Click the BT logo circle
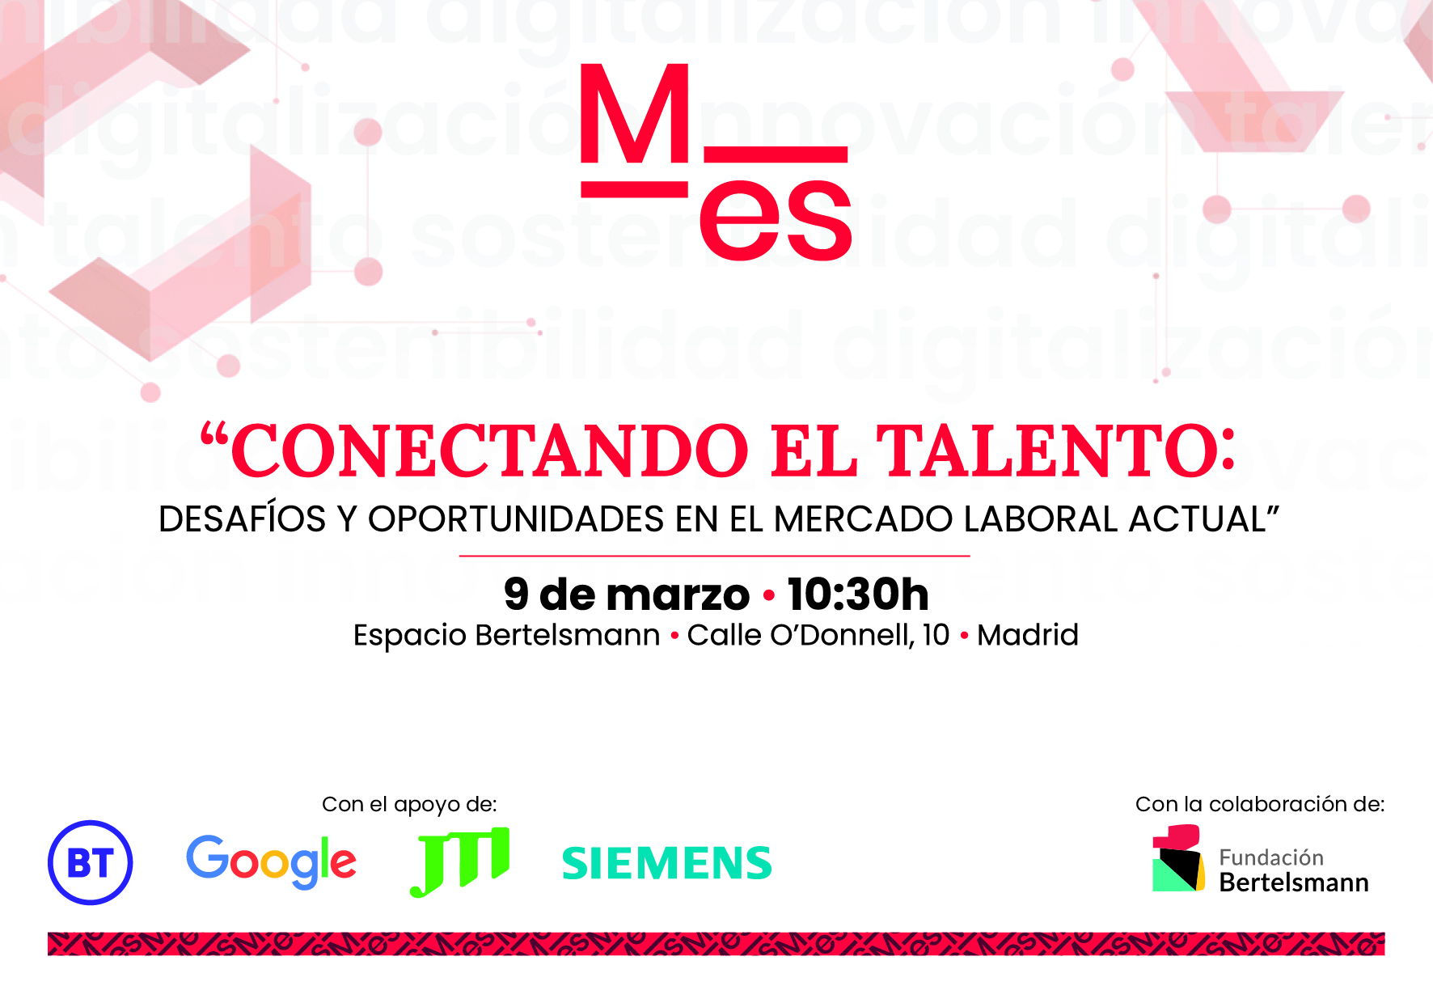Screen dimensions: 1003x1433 pyautogui.click(x=90, y=862)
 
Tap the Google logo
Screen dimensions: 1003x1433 pyautogui.click(x=271, y=861)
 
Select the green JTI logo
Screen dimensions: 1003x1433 pyautogui.click(x=460, y=861)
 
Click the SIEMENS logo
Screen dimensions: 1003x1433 pyautogui.click(x=666, y=863)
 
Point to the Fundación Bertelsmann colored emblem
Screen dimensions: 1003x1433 pyautogui.click(x=1177, y=859)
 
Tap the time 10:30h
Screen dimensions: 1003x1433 pyautogui.click(x=857, y=595)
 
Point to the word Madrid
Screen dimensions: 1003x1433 pyautogui.click(x=1027, y=635)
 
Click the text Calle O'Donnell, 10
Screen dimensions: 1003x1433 pyautogui.click(x=818, y=635)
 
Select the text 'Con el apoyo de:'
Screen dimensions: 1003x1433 pyautogui.click(x=409, y=804)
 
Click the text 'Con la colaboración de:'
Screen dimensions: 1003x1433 pyautogui.click(x=1259, y=804)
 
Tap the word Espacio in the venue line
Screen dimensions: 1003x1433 pyautogui.click(x=409, y=636)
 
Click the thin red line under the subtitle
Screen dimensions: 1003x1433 pyautogui.click(x=714, y=557)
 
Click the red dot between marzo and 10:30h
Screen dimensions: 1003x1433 pyautogui.click(x=768, y=596)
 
